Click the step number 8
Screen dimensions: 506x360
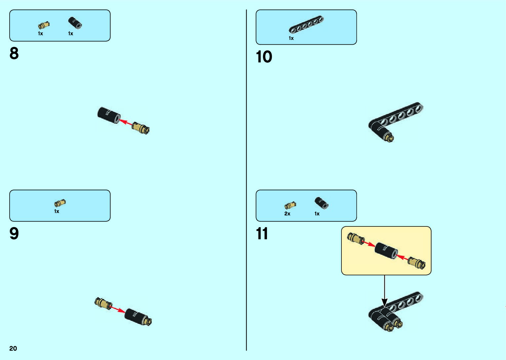click(x=14, y=54)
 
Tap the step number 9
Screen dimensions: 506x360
click(x=14, y=234)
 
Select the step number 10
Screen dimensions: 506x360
click(x=264, y=57)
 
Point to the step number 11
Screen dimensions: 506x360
click(x=262, y=234)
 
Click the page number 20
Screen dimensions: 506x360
click(x=13, y=348)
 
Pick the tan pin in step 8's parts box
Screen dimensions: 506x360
click(x=44, y=25)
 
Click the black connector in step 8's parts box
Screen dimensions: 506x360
click(x=75, y=23)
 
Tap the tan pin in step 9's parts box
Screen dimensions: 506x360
click(x=60, y=203)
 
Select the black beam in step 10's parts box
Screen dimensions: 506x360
click(x=306, y=25)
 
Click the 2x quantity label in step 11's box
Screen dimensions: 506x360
click(x=287, y=214)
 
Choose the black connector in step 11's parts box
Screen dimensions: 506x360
click(x=321, y=203)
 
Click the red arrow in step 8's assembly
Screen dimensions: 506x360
click(x=125, y=122)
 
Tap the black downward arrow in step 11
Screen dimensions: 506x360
click(x=384, y=291)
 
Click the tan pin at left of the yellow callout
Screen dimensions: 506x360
click(x=356, y=238)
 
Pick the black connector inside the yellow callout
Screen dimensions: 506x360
click(x=386, y=251)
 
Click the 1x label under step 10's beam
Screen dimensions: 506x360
click(x=291, y=38)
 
